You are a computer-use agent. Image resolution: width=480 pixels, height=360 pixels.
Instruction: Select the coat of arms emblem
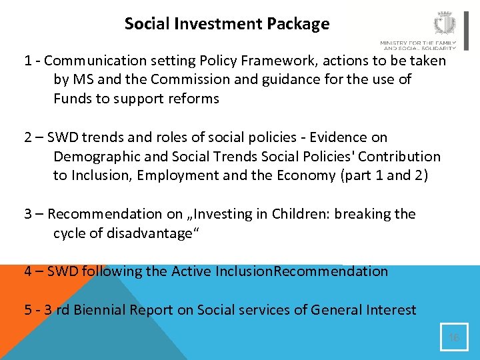tap(444, 24)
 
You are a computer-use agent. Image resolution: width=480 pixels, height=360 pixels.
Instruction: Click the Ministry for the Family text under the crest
tap(418, 45)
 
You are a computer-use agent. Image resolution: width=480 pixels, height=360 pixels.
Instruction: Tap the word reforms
tap(194, 99)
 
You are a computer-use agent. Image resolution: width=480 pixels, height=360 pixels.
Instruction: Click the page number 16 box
tap(454, 337)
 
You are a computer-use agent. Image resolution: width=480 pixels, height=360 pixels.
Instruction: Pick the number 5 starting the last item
tap(28, 310)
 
